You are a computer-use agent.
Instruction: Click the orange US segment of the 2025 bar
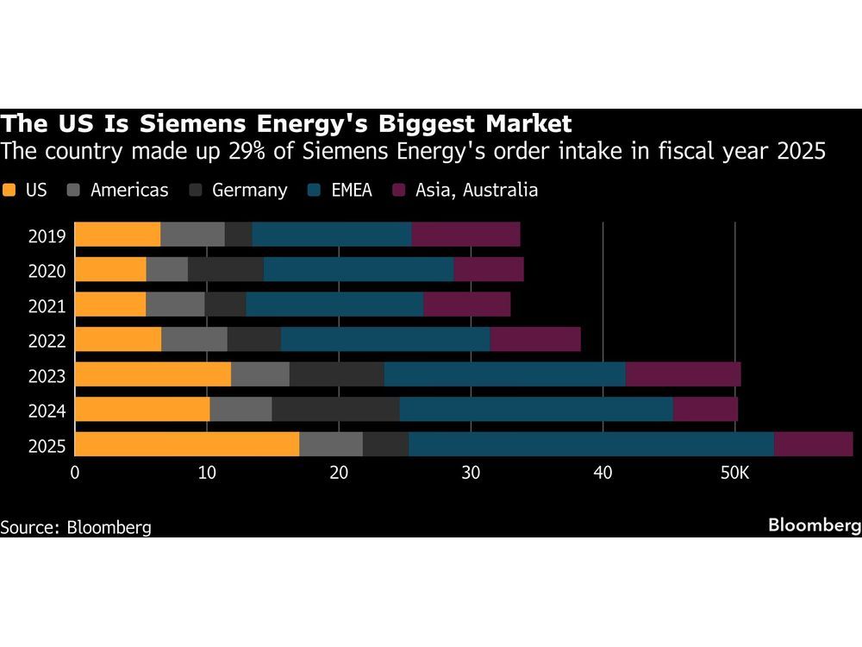pyautogui.click(x=187, y=444)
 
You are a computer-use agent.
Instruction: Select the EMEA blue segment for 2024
pyautogui.click(x=536, y=409)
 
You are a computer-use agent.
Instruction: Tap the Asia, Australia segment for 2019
pyautogui.click(x=465, y=234)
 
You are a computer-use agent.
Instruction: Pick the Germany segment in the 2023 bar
pyautogui.click(x=336, y=374)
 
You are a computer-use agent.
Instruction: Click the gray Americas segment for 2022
pyautogui.click(x=194, y=339)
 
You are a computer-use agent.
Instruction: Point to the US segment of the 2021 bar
pyautogui.click(x=110, y=304)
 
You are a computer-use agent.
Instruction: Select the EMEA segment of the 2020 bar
pyautogui.click(x=359, y=269)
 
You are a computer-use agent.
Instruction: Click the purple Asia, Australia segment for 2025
pyautogui.click(x=813, y=444)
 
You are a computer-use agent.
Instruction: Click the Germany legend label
pyautogui.click(x=249, y=190)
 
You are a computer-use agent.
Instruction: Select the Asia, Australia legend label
pyautogui.click(x=477, y=190)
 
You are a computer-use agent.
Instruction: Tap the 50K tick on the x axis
pyautogui.click(x=734, y=473)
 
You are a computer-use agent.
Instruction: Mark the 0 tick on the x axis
pyautogui.click(x=75, y=473)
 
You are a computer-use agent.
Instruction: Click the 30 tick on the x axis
pyautogui.click(x=470, y=473)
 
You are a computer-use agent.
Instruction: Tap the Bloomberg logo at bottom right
pyautogui.click(x=814, y=525)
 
